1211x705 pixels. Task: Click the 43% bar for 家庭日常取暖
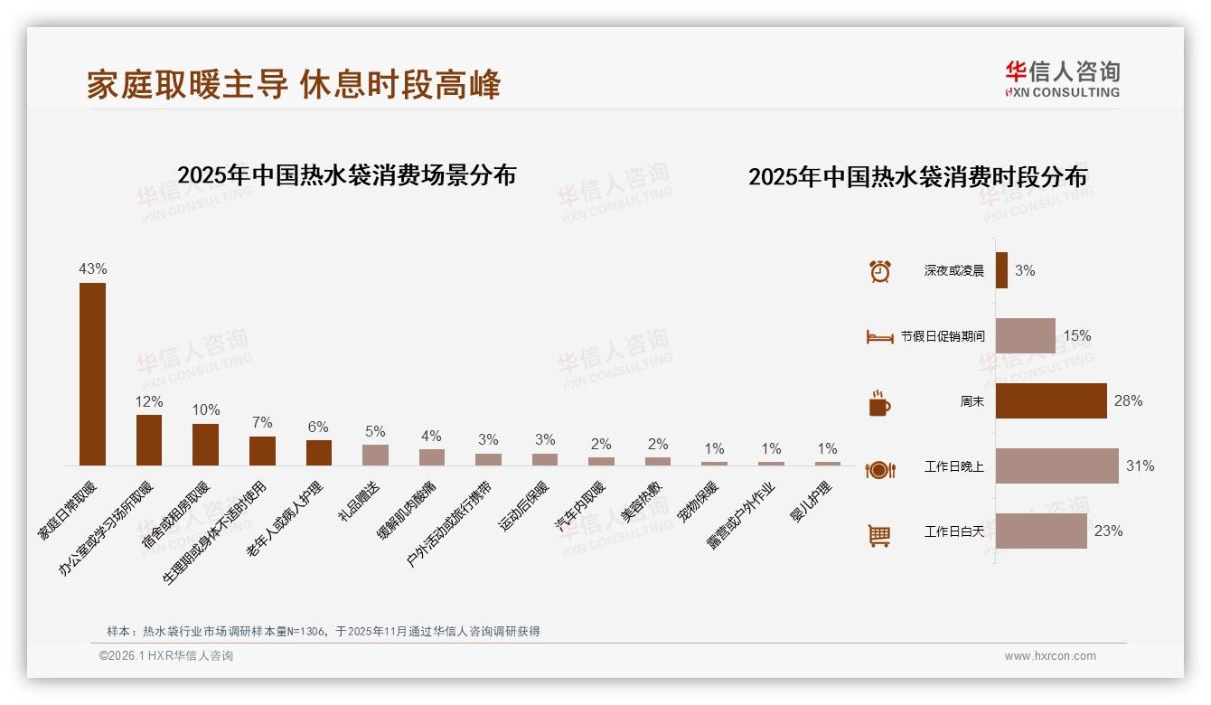click(92, 374)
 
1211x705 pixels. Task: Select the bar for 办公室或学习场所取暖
click(149, 440)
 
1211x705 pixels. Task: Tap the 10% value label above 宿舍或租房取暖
click(205, 409)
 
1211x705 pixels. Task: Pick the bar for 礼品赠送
click(375, 455)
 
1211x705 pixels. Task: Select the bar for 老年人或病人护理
click(319, 453)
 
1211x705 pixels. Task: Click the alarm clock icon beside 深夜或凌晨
click(879, 270)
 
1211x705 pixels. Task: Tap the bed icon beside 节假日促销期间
click(879, 336)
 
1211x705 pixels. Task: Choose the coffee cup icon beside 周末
click(879, 402)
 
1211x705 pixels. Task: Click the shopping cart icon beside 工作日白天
click(879, 535)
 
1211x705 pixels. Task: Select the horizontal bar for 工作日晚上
click(1056, 466)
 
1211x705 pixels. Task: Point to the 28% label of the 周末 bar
click(1128, 400)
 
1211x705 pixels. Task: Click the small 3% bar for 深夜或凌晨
click(1001, 270)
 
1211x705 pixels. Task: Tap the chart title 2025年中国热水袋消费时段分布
click(917, 177)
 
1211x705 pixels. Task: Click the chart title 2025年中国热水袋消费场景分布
click(346, 175)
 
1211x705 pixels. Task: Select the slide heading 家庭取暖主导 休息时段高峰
click(294, 85)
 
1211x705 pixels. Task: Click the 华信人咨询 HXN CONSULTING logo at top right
click(1062, 80)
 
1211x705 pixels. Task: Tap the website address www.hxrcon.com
click(1050, 656)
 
